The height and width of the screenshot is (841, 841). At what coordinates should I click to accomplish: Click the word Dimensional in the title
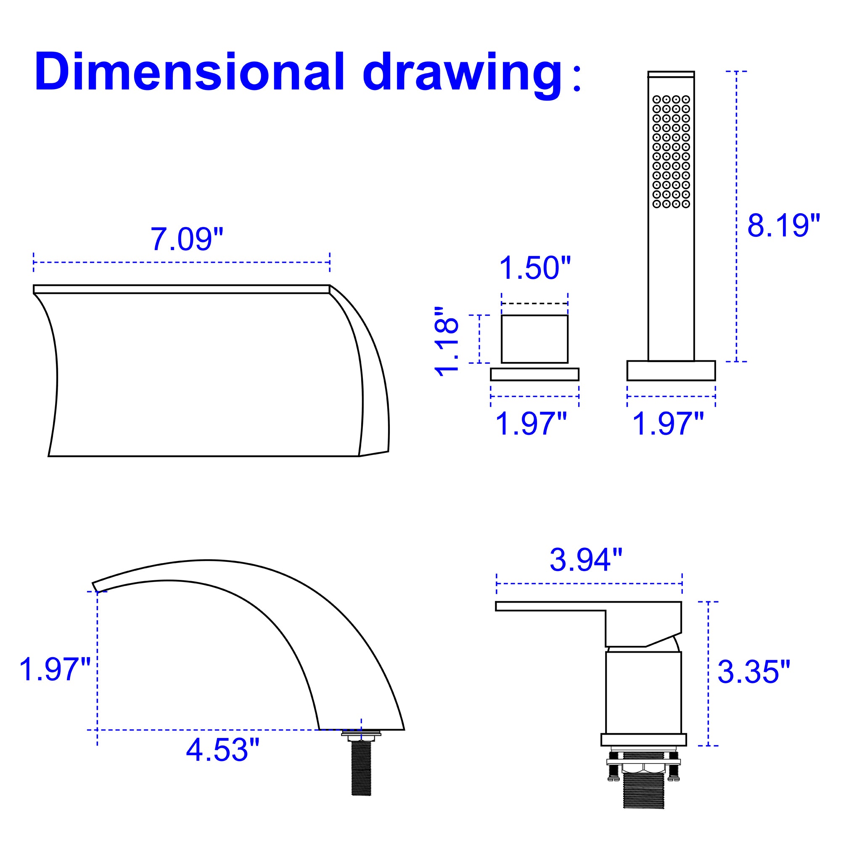click(x=190, y=72)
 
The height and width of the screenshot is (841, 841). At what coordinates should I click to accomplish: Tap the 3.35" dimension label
click(x=754, y=671)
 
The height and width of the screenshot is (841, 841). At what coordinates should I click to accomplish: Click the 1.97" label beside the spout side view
click(x=55, y=669)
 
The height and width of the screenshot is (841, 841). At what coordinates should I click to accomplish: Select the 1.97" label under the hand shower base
click(x=667, y=423)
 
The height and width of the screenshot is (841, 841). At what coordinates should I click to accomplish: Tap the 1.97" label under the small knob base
click(x=531, y=423)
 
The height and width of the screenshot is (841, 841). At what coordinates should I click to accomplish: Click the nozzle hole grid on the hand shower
click(x=671, y=151)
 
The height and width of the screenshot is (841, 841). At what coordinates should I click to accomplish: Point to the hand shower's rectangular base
click(x=671, y=370)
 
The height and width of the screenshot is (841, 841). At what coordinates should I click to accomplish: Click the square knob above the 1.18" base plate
click(x=534, y=339)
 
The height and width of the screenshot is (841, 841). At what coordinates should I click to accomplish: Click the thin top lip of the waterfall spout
click(x=182, y=289)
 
